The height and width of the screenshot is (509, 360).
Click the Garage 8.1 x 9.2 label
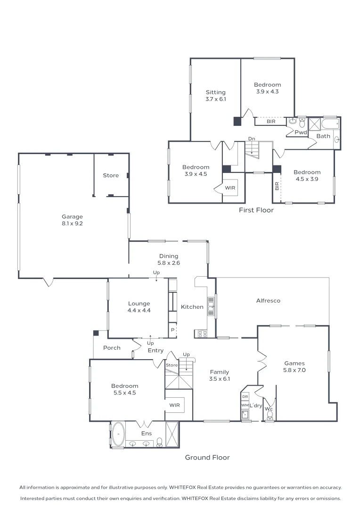(x=72, y=220)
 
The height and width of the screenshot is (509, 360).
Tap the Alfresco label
(x=268, y=300)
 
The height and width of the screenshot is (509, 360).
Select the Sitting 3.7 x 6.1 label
(x=215, y=96)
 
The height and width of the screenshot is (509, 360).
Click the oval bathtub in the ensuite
(x=118, y=434)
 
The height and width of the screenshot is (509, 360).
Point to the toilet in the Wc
(x=270, y=415)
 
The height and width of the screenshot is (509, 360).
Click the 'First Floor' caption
(x=256, y=210)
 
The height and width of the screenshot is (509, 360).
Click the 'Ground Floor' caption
(x=207, y=457)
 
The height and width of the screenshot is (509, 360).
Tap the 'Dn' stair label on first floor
(x=252, y=139)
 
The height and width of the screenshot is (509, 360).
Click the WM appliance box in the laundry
(x=245, y=405)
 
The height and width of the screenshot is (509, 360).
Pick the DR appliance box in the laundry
(x=245, y=397)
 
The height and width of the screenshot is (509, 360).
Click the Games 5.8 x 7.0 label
(x=295, y=367)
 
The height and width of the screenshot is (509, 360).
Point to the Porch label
(x=112, y=348)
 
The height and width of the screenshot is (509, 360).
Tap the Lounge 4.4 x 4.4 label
(x=139, y=307)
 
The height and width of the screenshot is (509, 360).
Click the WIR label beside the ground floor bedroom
(x=174, y=405)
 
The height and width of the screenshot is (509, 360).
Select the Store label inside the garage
(x=111, y=175)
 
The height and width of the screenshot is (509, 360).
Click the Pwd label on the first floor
(x=301, y=132)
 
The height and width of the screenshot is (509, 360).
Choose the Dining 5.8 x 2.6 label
(x=169, y=260)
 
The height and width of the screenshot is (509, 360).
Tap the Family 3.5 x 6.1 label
(x=220, y=375)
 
